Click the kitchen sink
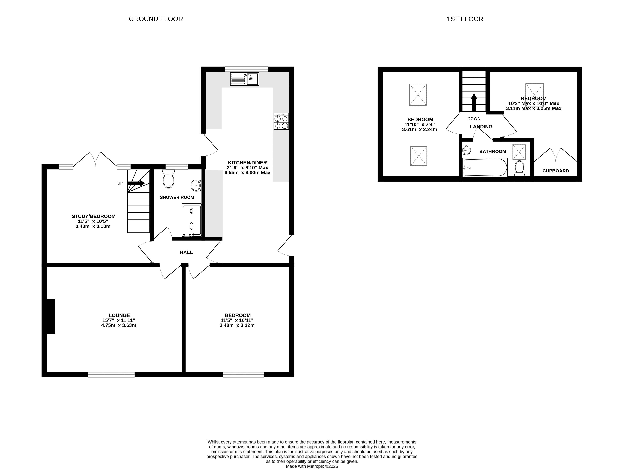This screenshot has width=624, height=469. [x=244, y=79]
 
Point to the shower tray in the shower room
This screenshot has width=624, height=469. [x=192, y=220]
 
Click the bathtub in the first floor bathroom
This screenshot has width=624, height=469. [x=485, y=167]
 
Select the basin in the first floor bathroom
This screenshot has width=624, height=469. [x=467, y=150]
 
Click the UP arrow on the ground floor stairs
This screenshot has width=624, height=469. [x=136, y=183]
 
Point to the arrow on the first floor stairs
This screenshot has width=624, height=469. [x=474, y=102]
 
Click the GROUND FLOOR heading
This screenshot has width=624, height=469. [x=156, y=19]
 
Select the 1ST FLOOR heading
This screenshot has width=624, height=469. [x=465, y=19]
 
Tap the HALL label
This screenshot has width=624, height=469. [x=186, y=252]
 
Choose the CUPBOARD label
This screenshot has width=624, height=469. [x=556, y=171]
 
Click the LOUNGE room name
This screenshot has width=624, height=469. [x=119, y=315]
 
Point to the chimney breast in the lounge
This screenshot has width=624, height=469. [x=51, y=316]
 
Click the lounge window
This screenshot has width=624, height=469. [x=111, y=375]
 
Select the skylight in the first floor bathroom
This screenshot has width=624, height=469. [x=519, y=152]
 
